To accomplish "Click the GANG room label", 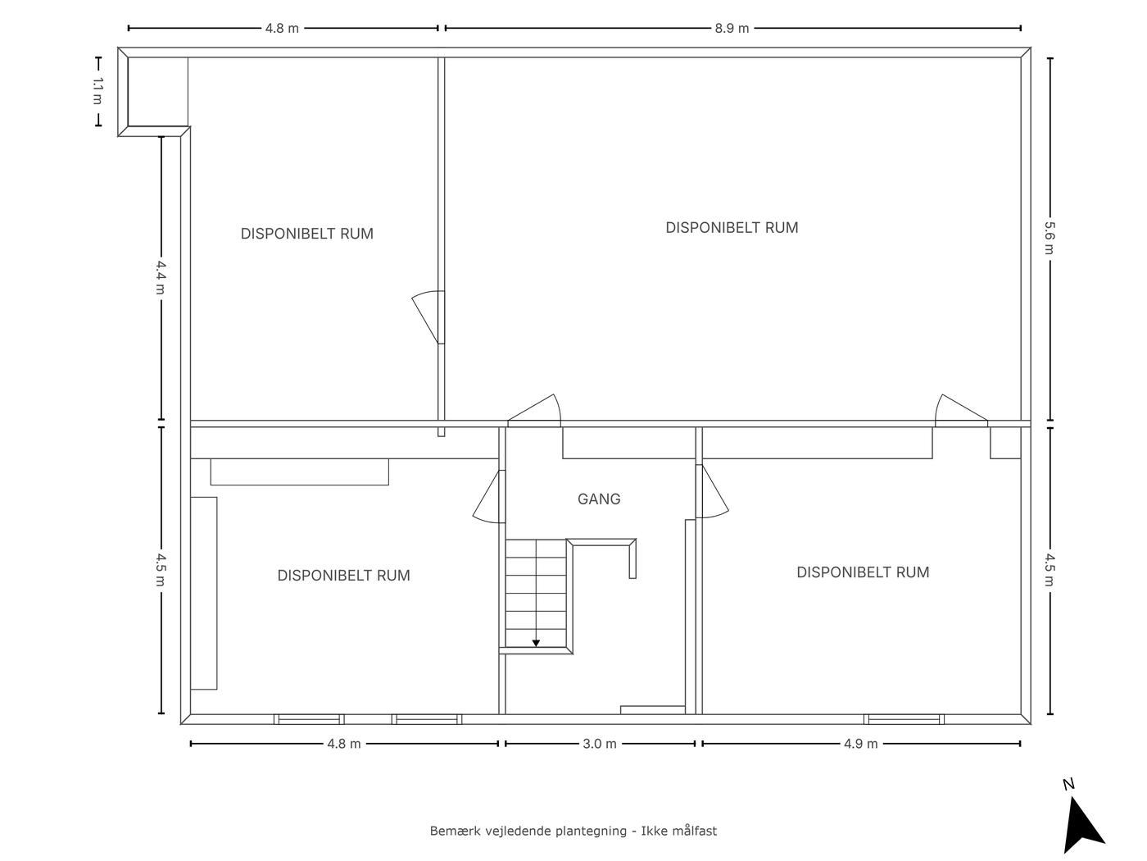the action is pyautogui.click(x=599, y=499).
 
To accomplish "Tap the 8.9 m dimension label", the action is pyautogui.click(x=732, y=28).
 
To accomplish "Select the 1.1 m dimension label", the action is pyautogui.click(x=97, y=91).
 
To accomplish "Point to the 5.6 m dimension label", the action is pyautogui.click(x=1050, y=238).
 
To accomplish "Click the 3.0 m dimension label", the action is pyautogui.click(x=600, y=744).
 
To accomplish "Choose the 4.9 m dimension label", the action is pyautogui.click(x=860, y=744).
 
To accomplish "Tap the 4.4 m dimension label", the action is pyautogui.click(x=161, y=278).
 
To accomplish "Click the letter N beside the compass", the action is pyautogui.click(x=1068, y=784).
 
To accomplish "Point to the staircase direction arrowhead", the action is pyautogui.click(x=536, y=644).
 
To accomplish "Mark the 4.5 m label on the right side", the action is pyautogui.click(x=1050, y=570).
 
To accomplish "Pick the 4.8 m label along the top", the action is pyautogui.click(x=282, y=28).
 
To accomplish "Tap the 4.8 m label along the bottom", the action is pyautogui.click(x=344, y=744).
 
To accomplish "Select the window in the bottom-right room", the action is pyautogui.click(x=904, y=719).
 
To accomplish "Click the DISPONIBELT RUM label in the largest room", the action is pyautogui.click(x=732, y=228).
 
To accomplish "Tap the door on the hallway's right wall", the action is pyautogui.click(x=712, y=491).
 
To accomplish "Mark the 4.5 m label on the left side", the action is pyautogui.click(x=161, y=570).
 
